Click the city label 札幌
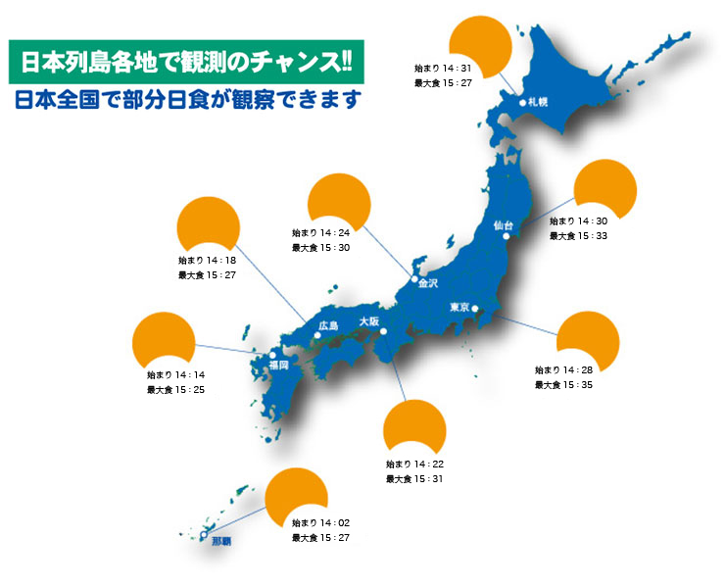click(537, 101)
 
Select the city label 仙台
click(503, 224)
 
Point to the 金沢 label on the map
click(428, 283)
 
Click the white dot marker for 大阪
click(385, 332)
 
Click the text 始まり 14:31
click(444, 68)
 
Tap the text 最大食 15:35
click(563, 384)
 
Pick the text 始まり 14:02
click(320, 523)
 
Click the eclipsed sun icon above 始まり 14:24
click(339, 200)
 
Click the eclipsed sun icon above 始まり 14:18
click(208, 225)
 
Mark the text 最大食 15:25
click(175, 389)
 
